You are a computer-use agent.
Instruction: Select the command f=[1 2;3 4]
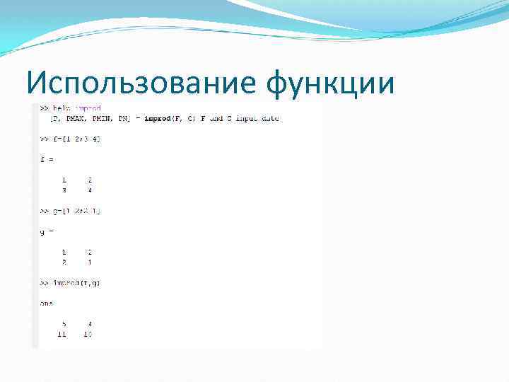click(77, 139)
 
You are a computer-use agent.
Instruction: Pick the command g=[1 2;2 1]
click(77, 212)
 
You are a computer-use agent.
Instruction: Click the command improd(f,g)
click(78, 284)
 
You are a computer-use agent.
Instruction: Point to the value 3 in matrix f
click(64, 190)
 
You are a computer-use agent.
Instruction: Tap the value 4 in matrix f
click(90, 190)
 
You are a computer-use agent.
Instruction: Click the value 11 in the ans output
click(62, 334)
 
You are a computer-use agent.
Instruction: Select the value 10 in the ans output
click(88, 334)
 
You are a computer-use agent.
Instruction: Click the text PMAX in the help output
click(76, 119)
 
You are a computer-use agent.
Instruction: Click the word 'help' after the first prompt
click(60, 109)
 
